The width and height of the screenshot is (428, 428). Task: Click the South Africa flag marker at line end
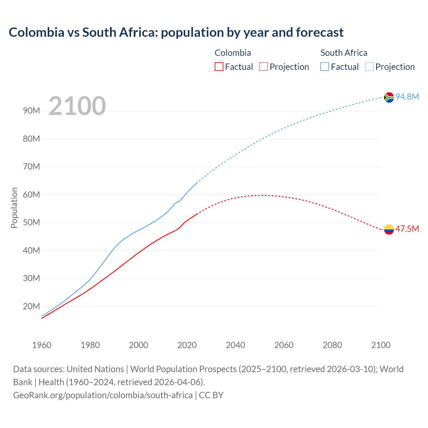(389, 97)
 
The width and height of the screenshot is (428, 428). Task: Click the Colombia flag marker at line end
(389, 229)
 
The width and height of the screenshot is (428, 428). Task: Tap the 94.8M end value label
(407, 97)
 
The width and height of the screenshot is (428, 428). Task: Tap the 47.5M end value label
(407, 229)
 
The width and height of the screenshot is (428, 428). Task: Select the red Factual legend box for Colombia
(219, 67)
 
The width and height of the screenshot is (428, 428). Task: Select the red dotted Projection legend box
(263, 67)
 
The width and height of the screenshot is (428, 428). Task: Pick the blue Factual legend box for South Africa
(325, 67)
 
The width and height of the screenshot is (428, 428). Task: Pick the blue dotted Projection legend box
(369, 67)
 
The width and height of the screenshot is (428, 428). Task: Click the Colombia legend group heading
(233, 53)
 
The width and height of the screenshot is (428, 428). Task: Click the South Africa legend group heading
(344, 53)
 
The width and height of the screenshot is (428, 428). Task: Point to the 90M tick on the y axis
(31, 111)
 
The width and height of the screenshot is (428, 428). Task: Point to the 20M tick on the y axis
(31, 306)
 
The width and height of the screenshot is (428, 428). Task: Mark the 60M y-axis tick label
(31, 195)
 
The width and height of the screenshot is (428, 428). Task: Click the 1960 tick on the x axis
(42, 345)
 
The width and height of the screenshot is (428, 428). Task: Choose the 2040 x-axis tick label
(235, 345)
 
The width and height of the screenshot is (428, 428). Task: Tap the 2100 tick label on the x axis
(381, 345)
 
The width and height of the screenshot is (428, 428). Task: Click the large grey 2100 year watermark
(77, 106)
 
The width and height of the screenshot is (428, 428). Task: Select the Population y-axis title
(14, 208)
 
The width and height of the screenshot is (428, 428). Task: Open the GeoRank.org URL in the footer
(103, 395)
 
